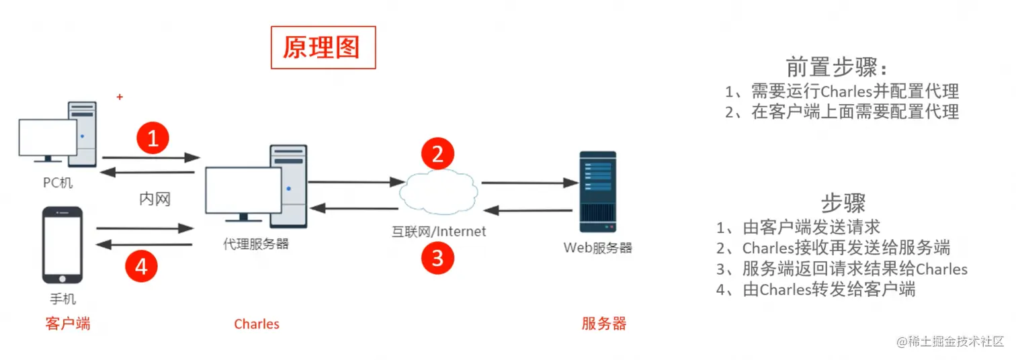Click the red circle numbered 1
153,138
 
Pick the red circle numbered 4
141,267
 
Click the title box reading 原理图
323,48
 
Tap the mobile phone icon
62,245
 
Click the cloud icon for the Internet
438,191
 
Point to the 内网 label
155,199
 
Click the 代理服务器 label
256,244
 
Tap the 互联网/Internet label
439,231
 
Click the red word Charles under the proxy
256,324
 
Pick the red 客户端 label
67,324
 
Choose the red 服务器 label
603,324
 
